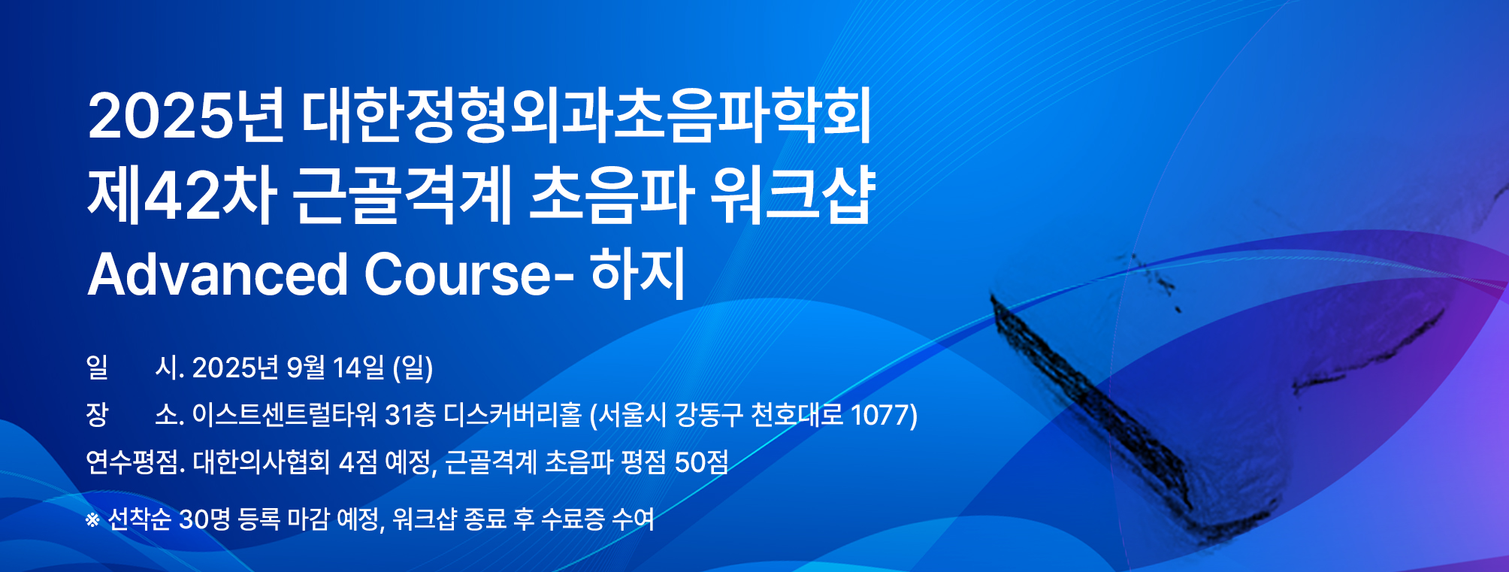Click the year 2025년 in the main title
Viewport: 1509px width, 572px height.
tap(186, 116)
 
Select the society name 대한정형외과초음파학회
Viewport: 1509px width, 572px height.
tap(587, 116)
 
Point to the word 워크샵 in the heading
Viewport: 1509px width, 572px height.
tap(793, 195)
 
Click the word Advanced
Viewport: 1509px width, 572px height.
tap(218, 274)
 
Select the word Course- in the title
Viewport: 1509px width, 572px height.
tap(470, 274)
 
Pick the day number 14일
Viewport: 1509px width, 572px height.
tap(358, 368)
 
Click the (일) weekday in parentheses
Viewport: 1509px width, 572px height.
tap(413, 368)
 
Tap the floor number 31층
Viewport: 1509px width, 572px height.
tap(410, 415)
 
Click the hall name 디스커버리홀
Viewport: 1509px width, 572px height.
tap(513, 415)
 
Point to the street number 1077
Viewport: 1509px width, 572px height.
tap(878, 415)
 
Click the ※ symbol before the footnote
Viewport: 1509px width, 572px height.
tap(92, 519)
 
